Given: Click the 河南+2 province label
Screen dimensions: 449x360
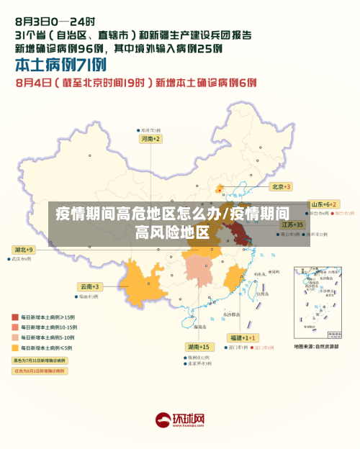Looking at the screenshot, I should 150,138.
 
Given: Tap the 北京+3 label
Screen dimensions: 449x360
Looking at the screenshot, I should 280,186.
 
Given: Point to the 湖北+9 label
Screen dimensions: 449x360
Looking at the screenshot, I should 23,249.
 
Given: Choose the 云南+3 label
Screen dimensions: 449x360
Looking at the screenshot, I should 90,286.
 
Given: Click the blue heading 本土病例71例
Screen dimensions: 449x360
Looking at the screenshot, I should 55,65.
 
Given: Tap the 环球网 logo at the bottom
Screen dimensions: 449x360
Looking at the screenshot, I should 181,419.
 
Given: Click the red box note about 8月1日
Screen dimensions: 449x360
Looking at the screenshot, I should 39,371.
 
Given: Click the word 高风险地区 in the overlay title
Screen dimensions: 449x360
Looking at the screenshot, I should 172,232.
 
